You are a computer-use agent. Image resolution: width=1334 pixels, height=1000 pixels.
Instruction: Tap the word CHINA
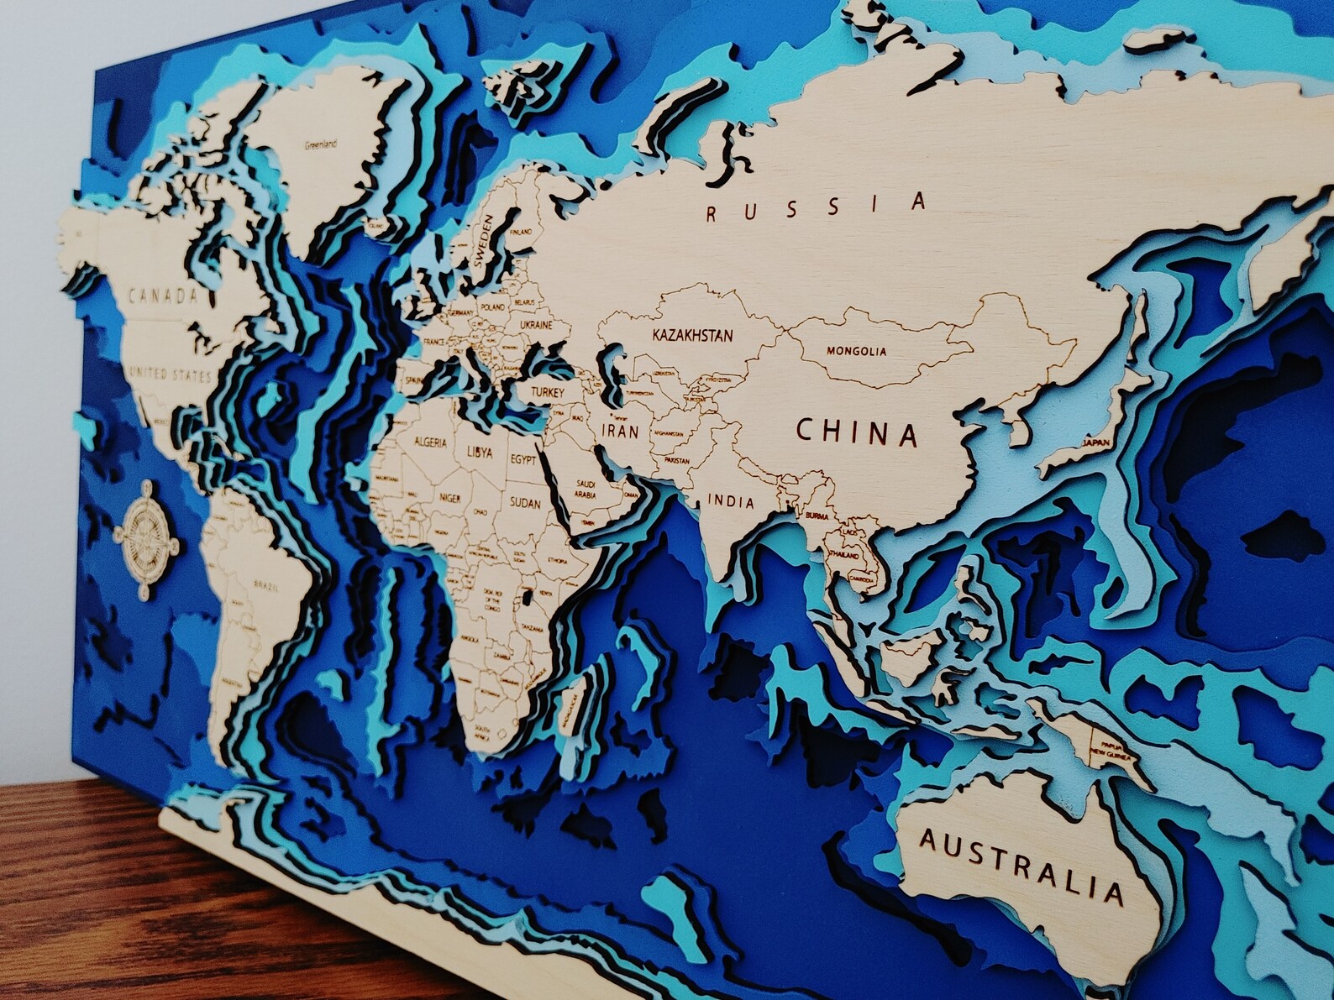click(x=856, y=432)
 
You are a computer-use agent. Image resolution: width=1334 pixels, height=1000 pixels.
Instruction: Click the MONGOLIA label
click(x=855, y=352)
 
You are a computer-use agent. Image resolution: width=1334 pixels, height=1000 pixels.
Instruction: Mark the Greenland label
click(x=320, y=144)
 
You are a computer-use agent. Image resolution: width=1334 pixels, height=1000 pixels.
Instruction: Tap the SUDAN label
click(x=525, y=503)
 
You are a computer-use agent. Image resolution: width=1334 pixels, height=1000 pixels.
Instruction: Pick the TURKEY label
click(x=546, y=392)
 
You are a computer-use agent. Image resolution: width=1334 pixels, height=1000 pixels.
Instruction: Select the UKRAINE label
click(x=535, y=324)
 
